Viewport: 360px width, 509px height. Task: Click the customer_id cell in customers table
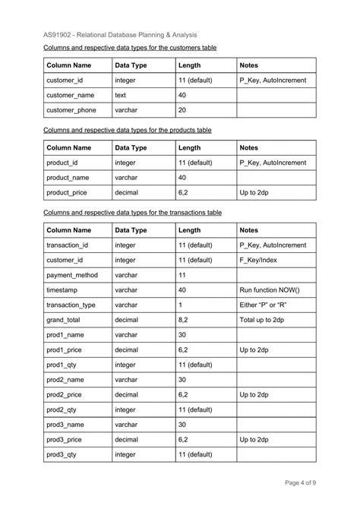pos(66,80)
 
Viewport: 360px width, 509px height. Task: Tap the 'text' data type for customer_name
pos(121,95)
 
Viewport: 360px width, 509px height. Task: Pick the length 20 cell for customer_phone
pos(183,110)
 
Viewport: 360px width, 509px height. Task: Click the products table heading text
pos(127,130)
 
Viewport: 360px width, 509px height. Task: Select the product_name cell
pos(69,177)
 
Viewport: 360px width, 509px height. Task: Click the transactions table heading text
pos(132,213)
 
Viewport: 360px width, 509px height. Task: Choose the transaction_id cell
pos(68,245)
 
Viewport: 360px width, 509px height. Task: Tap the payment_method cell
pos(72,275)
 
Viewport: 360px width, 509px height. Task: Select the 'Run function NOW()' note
pos(270,289)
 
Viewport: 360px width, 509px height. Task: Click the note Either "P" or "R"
pos(264,305)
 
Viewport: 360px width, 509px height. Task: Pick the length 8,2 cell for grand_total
pos(183,320)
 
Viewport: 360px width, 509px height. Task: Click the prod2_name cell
pos(66,379)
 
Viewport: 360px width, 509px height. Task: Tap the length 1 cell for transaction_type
pos(181,305)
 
